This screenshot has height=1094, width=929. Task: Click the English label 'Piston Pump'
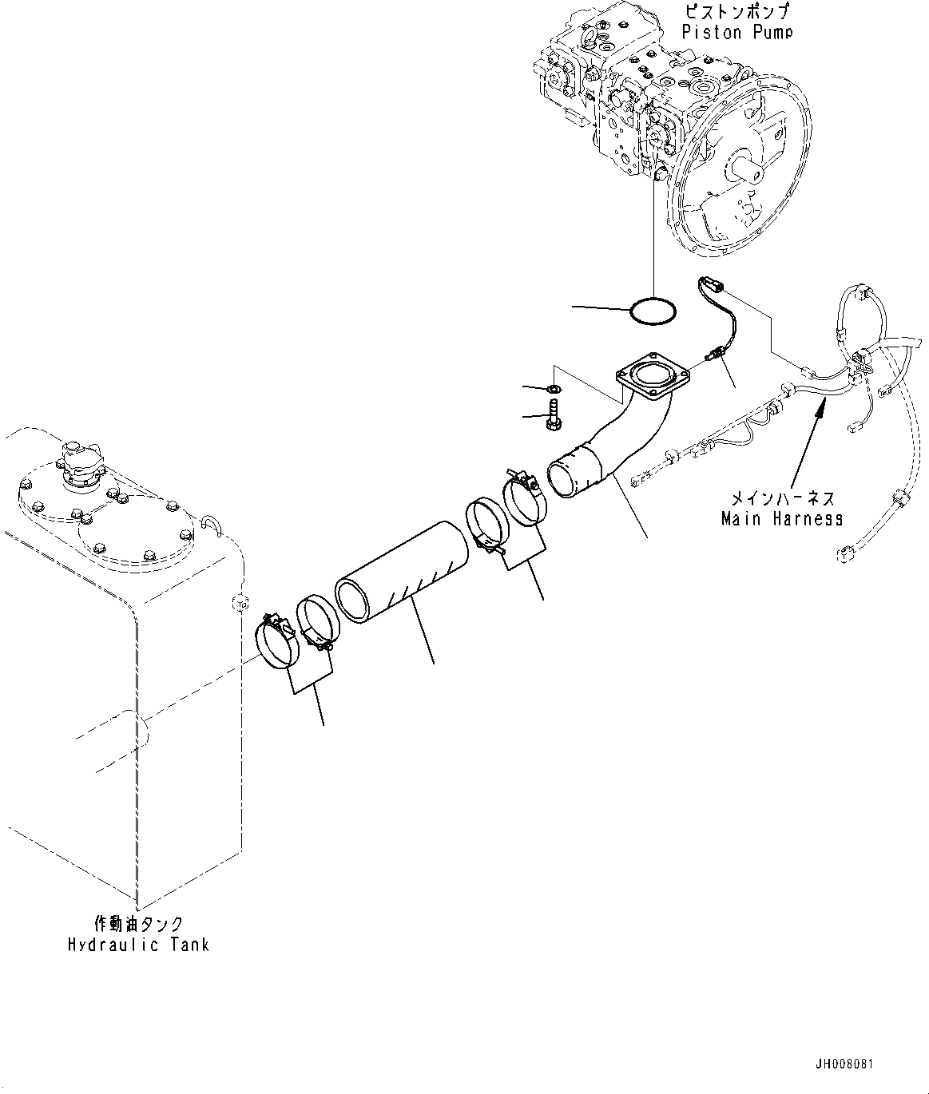(737, 32)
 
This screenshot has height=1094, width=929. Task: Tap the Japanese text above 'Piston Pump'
(737, 12)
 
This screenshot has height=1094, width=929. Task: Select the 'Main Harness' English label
(781, 518)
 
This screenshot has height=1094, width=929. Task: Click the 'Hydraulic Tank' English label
(138, 945)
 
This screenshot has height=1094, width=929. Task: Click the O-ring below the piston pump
(653, 311)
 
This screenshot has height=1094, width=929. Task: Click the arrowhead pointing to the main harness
(820, 409)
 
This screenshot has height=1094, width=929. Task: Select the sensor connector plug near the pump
(710, 285)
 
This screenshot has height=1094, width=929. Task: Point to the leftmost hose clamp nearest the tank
(276, 641)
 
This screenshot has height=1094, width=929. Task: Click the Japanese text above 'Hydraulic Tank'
(137, 925)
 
